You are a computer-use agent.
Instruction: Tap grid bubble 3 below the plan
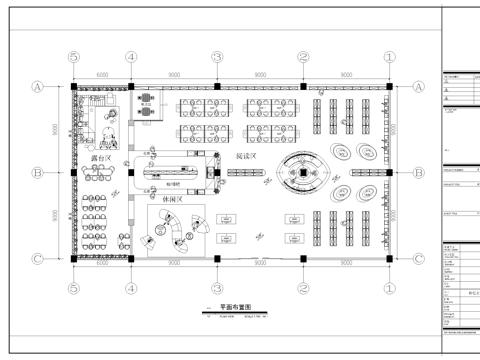[217, 287]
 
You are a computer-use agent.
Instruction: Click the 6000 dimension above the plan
[102, 74]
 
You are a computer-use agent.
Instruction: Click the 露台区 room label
[100, 158]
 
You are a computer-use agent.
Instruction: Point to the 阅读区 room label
[246, 158]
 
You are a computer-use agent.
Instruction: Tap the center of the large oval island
[301, 175]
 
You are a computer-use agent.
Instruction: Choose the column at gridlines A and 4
[131, 88]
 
